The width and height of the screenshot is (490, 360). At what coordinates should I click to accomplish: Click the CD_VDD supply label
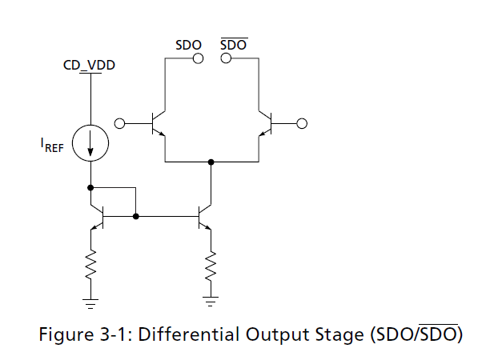click(89, 65)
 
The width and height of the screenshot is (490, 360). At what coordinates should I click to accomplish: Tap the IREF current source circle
click(90, 126)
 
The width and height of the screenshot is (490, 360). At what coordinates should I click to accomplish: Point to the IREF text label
click(52, 145)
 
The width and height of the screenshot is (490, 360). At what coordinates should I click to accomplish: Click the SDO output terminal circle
click(198, 58)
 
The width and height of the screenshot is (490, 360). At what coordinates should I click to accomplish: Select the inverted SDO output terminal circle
click(226, 58)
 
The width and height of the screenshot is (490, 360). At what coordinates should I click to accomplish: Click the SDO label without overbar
click(188, 46)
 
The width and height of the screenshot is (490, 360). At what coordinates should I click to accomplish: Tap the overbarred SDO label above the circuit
click(234, 45)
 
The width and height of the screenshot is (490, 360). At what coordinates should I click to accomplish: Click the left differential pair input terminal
click(119, 124)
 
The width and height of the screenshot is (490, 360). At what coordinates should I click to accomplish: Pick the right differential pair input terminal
click(302, 124)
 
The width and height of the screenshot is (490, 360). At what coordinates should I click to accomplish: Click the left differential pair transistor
click(158, 124)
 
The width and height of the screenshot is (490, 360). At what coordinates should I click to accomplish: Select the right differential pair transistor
click(265, 124)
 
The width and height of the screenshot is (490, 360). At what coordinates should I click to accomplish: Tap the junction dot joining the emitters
click(211, 162)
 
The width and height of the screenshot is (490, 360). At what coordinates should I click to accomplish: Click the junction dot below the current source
click(90, 188)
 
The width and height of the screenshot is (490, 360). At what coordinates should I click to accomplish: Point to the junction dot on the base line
click(135, 216)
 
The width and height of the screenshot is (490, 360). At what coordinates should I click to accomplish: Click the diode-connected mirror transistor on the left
click(97, 216)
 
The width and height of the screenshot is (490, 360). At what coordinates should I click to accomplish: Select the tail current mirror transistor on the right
click(205, 216)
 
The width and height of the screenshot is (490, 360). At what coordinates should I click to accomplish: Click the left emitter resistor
click(90, 264)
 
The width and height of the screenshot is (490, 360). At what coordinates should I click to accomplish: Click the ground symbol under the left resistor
click(90, 303)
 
